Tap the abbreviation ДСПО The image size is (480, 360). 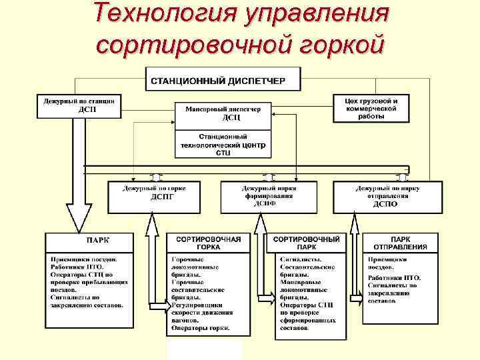[x=385, y=204]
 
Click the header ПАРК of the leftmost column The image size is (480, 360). [x=97, y=240]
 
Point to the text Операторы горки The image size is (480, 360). [x=201, y=328]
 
